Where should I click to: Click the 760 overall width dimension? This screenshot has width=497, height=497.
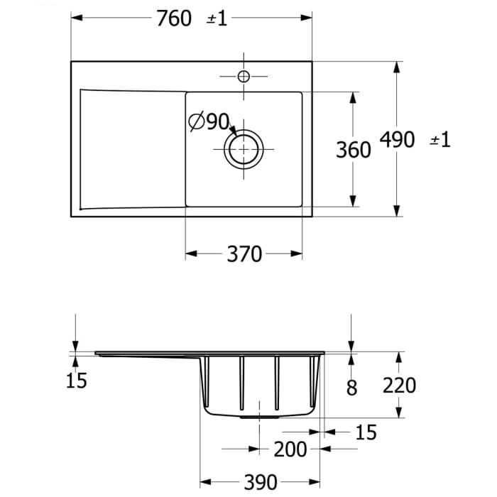click(174, 18)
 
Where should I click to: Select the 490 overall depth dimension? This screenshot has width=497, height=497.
click(397, 139)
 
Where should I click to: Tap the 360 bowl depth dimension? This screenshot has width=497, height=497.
click(353, 150)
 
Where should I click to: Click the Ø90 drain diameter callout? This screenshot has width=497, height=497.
click(209, 122)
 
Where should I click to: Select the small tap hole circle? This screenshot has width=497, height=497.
click(244, 76)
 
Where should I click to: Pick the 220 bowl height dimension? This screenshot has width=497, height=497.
click(399, 386)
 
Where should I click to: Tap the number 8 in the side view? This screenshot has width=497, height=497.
click(352, 387)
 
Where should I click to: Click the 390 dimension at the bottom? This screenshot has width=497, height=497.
click(260, 482)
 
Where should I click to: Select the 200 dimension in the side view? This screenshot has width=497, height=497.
click(290, 449)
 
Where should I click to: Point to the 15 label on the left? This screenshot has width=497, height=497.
click(76, 381)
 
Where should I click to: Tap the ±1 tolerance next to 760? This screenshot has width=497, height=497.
click(217, 19)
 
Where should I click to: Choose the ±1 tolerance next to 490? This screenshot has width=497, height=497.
click(440, 140)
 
